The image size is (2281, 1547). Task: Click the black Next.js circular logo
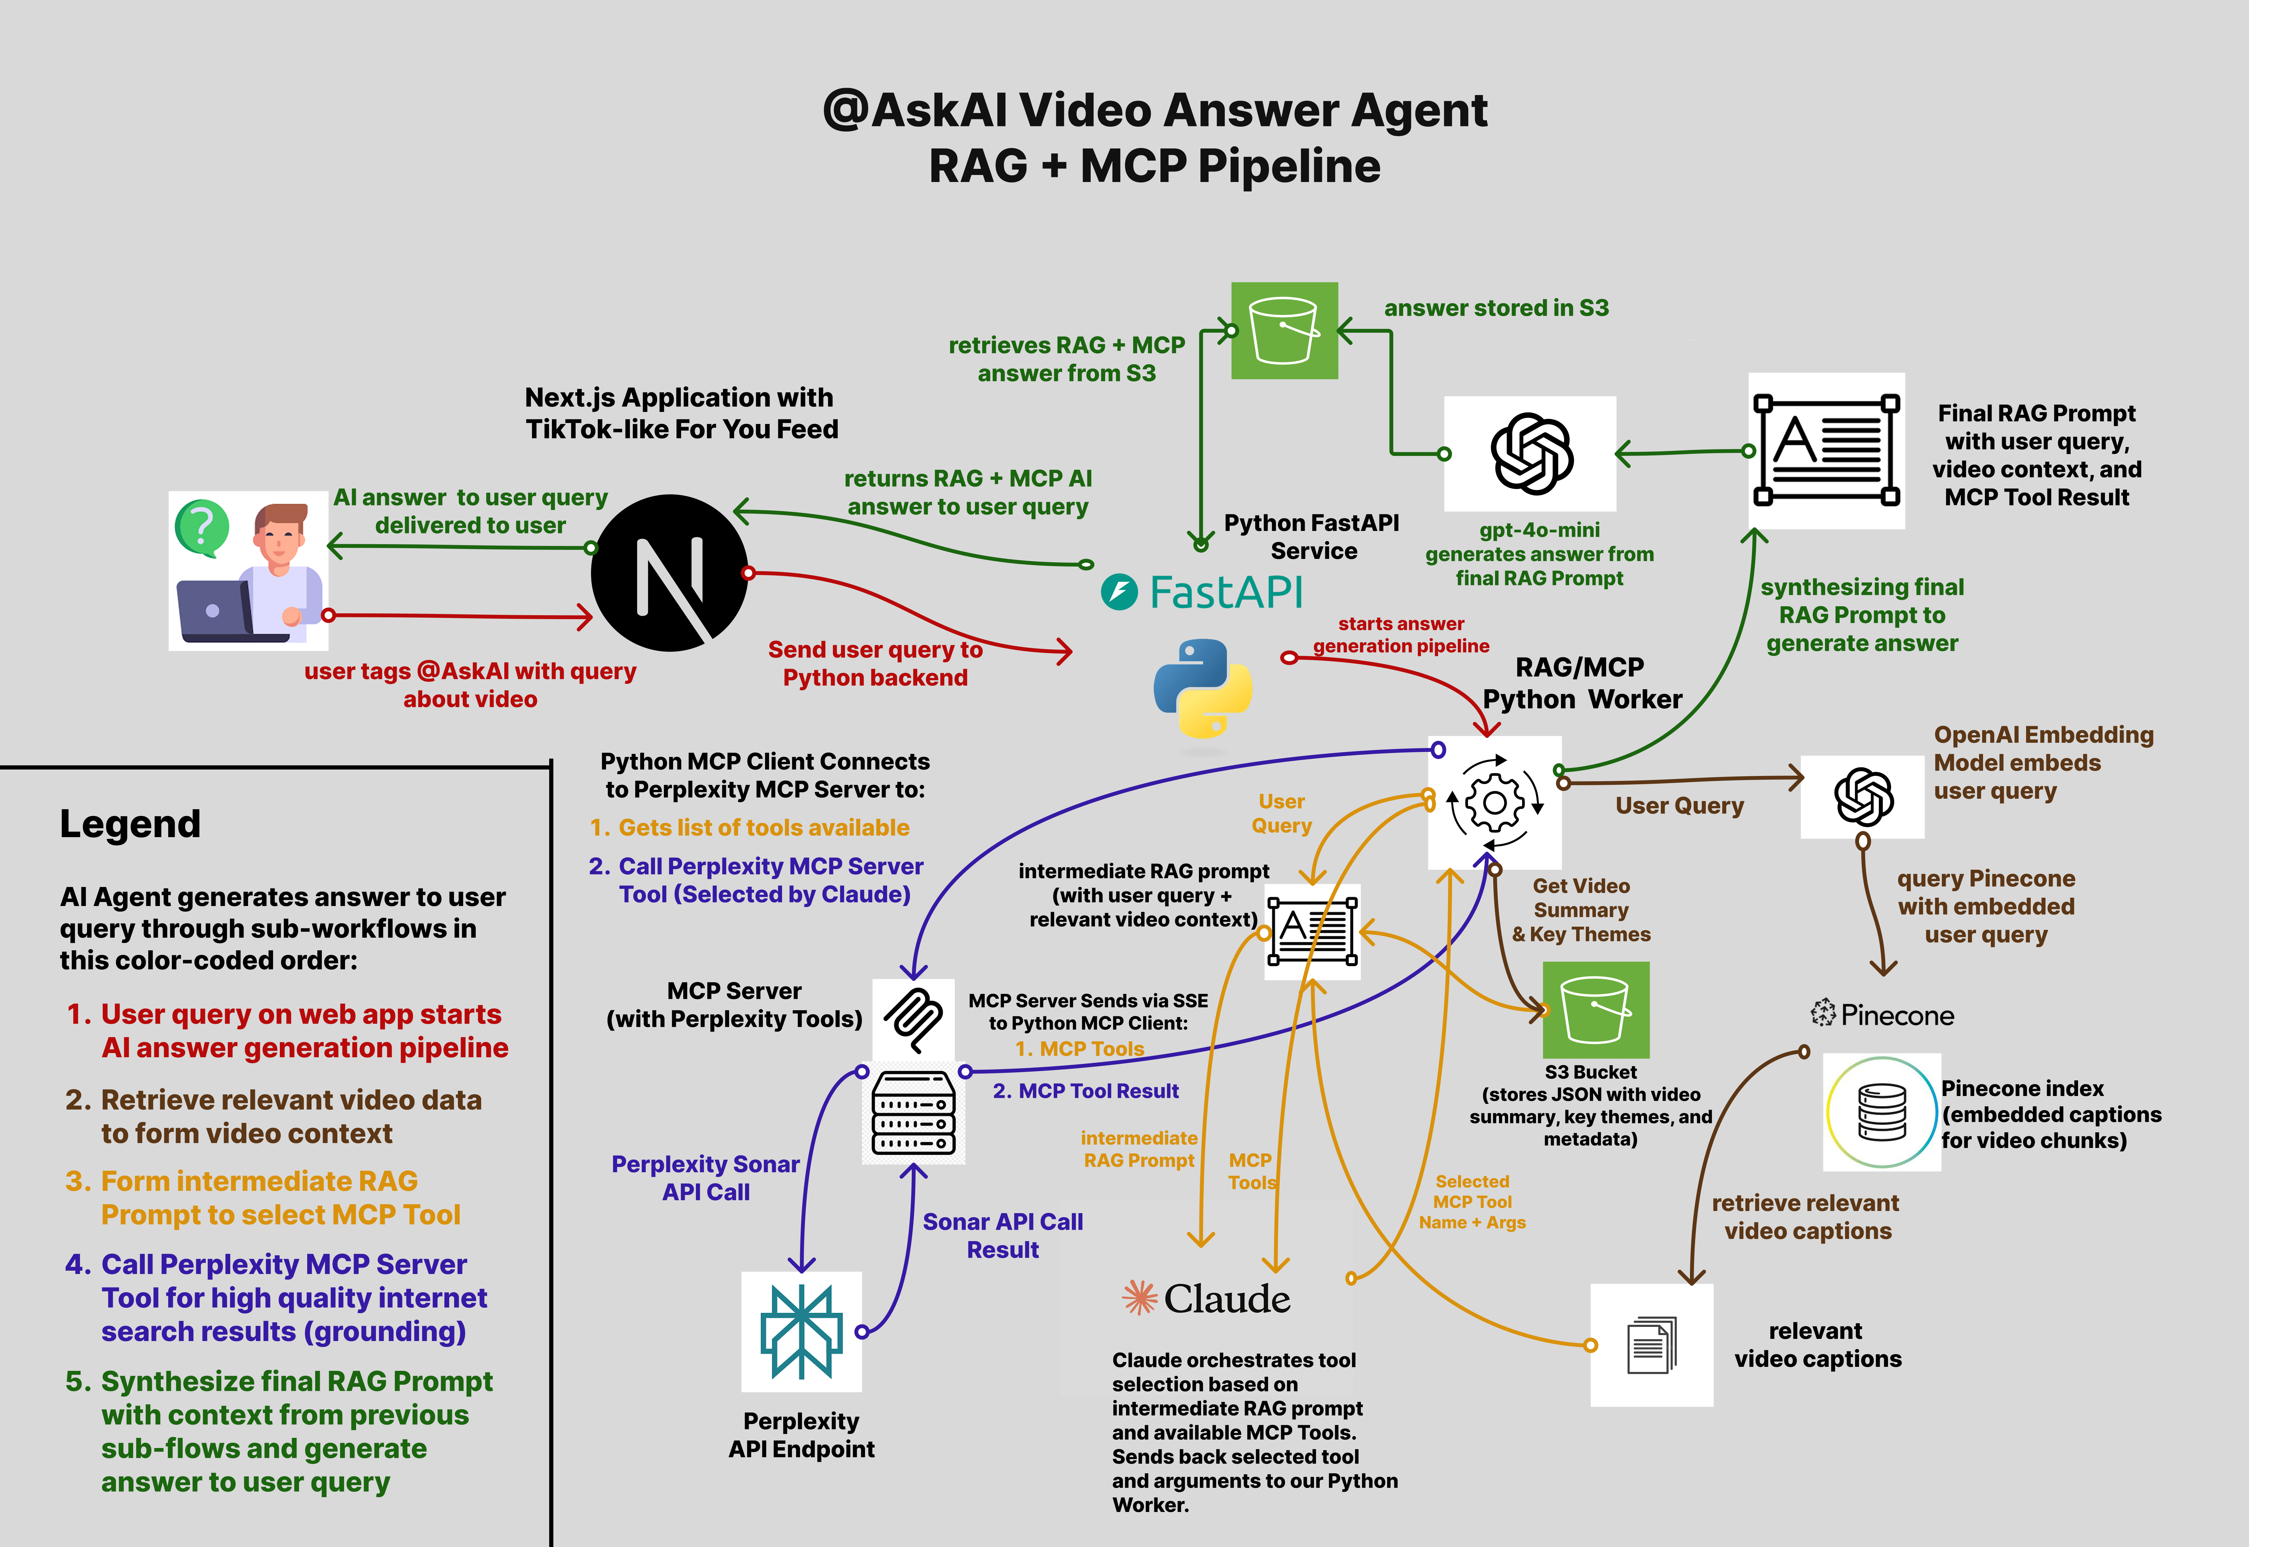[x=669, y=572]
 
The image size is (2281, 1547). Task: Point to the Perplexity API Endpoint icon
[x=801, y=1331]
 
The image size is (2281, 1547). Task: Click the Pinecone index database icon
[x=1881, y=1112]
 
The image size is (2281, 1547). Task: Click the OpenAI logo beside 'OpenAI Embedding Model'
[x=1863, y=796]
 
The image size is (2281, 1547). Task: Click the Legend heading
[x=129, y=824]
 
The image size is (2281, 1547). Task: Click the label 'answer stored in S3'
[x=1496, y=308]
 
